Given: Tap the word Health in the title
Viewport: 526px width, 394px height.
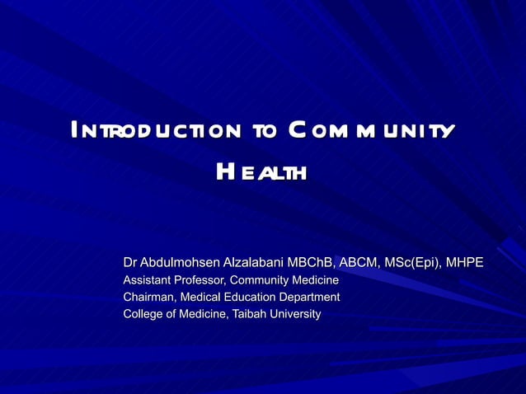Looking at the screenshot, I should tap(261, 172).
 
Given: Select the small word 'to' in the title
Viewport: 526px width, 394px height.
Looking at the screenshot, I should tap(265, 132).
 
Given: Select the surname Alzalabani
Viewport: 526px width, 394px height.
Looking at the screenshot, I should tap(252, 263).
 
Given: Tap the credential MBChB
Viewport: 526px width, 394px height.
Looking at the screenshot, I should tap(310, 263).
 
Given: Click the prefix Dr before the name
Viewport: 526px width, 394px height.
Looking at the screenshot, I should tap(130, 263).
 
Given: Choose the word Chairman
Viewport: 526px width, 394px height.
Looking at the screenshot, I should tap(148, 297).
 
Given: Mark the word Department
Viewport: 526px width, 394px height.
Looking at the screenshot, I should tap(309, 297).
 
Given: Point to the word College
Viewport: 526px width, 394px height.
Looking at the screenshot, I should tap(143, 314).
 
